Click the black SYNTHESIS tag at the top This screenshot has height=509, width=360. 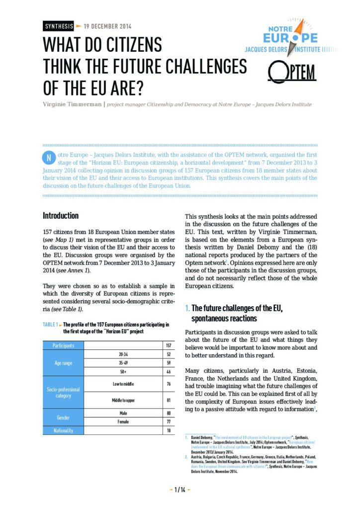[x=58, y=26]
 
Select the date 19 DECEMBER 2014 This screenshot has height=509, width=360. [x=107, y=26]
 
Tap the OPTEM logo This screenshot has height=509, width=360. [x=292, y=73]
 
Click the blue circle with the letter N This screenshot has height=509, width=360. [x=48, y=158]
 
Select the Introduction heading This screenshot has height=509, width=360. [x=61, y=216]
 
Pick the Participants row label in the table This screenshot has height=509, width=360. [x=64, y=345]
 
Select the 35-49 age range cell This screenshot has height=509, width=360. [x=124, y=363]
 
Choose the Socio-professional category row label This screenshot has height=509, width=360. [x=64, y=393]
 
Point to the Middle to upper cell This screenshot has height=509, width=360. [x=124, y=400]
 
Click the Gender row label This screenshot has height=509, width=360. [x=64, y=418]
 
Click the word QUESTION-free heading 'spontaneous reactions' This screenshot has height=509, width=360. [x=224, y=318]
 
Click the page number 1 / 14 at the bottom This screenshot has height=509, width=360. [x=180, y=490]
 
